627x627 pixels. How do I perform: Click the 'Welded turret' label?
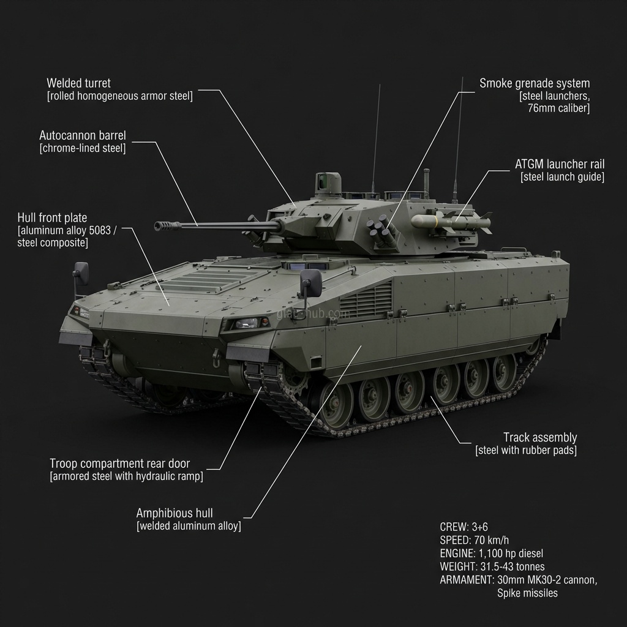[78, 83]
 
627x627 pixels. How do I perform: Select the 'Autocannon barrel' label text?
[82, 135]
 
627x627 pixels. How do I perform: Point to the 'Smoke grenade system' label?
[535, 83]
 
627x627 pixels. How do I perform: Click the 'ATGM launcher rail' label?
[560, 164]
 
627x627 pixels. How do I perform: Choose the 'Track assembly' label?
[540, 437]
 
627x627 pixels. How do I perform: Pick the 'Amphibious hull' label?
[175, 513]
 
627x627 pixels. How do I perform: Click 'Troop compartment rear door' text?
[119, 464]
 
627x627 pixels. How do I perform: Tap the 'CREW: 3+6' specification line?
[464, 527]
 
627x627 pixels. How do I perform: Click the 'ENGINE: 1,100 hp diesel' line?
[491, 554]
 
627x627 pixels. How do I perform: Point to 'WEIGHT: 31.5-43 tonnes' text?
[492, 566]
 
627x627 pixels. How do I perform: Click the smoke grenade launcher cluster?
[381, 233]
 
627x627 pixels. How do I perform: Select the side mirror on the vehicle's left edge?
[81, 273]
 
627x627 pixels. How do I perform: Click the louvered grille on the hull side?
[366, 301]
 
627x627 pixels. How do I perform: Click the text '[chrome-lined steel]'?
[83, 148]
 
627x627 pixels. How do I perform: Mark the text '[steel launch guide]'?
[562, 178]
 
